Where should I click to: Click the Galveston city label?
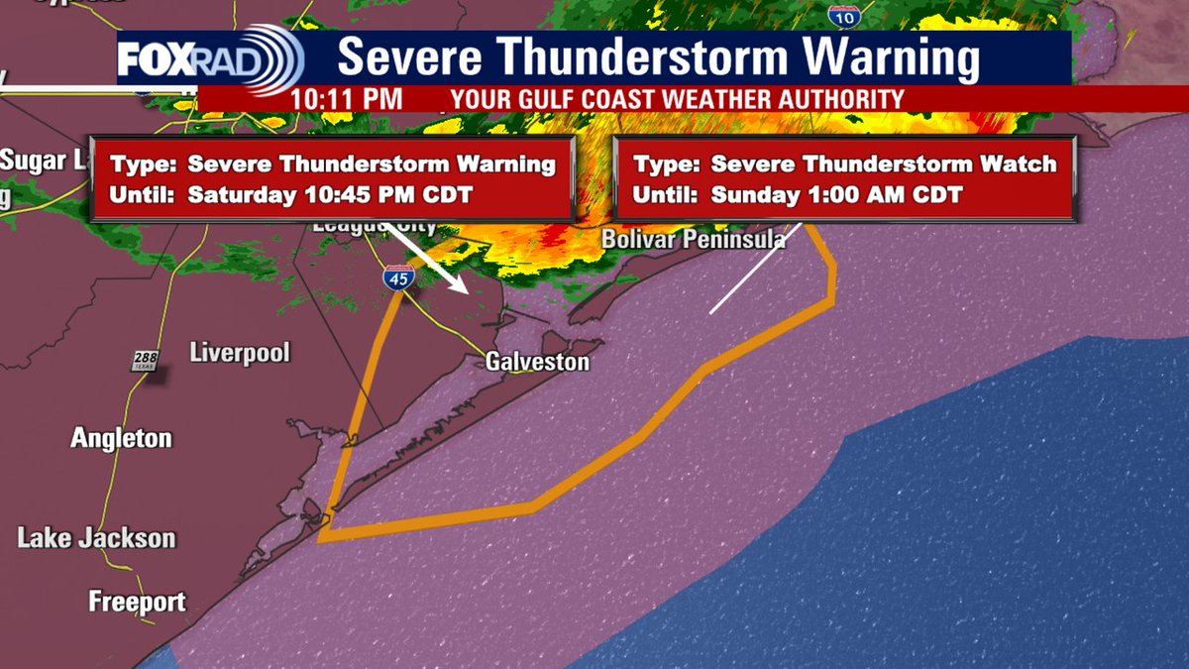pos(537,362)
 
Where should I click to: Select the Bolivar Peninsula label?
pos(694,240)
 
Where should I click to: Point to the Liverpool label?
pos(239,353)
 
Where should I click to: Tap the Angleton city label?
pos(121,438)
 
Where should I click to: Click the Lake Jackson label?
pos(96,539)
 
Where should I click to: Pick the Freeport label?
pos(137,602)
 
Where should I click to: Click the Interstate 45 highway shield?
pos(399,279)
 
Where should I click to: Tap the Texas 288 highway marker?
pos(144,361)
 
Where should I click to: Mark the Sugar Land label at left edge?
pos(40,161)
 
